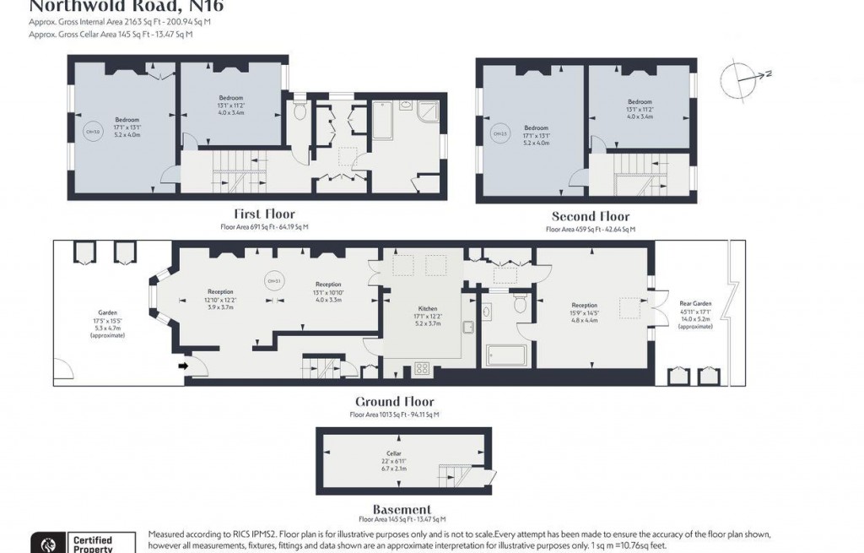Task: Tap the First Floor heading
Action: point(264,214)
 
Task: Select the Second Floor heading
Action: point(590,216)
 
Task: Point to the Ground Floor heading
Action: point(394,402)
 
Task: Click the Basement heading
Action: point(402,509)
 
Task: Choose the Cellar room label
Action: point(393,453)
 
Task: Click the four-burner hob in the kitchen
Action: point(422,368)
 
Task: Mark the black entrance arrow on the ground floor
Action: point(182,366)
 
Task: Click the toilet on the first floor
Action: point(300,112)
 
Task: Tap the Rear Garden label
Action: point(695,304)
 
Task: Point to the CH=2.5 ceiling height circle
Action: point(499,133)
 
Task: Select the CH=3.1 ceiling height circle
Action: point(273,282)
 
